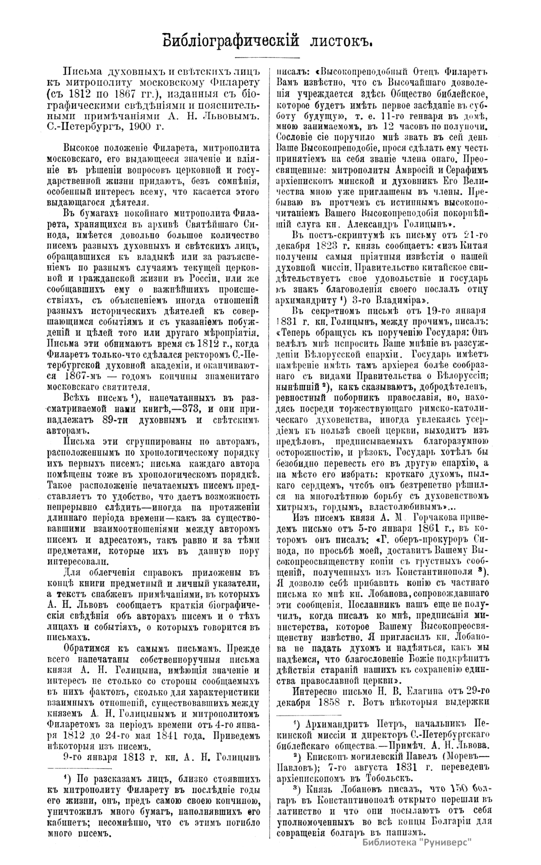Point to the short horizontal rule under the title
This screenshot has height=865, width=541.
click(269, 58)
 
